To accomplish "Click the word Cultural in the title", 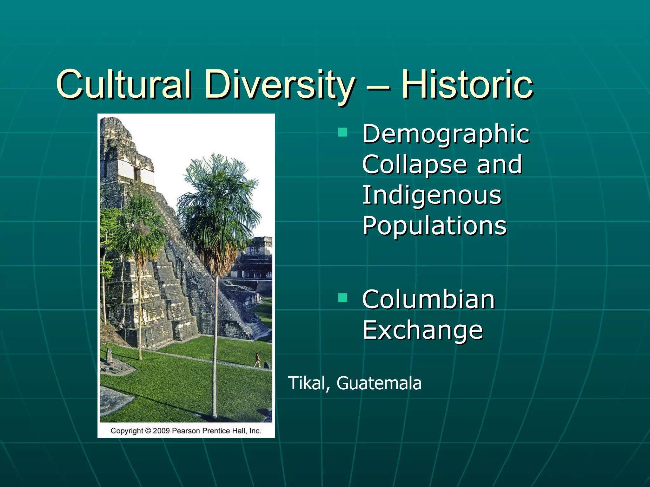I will coord(124,84).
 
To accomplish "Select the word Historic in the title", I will coord(467,84).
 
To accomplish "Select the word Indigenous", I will coord(432,195).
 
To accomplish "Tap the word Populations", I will coord(434,226).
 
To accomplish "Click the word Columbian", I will coord(428,300).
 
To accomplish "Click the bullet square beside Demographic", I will coord(343,132).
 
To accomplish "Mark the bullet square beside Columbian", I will coord(343,298).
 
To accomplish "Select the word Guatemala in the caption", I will coord(379,383).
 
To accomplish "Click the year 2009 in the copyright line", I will coord(162,431).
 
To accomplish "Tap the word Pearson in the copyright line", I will coord(186,431).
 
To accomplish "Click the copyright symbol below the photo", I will coord(148,431).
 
